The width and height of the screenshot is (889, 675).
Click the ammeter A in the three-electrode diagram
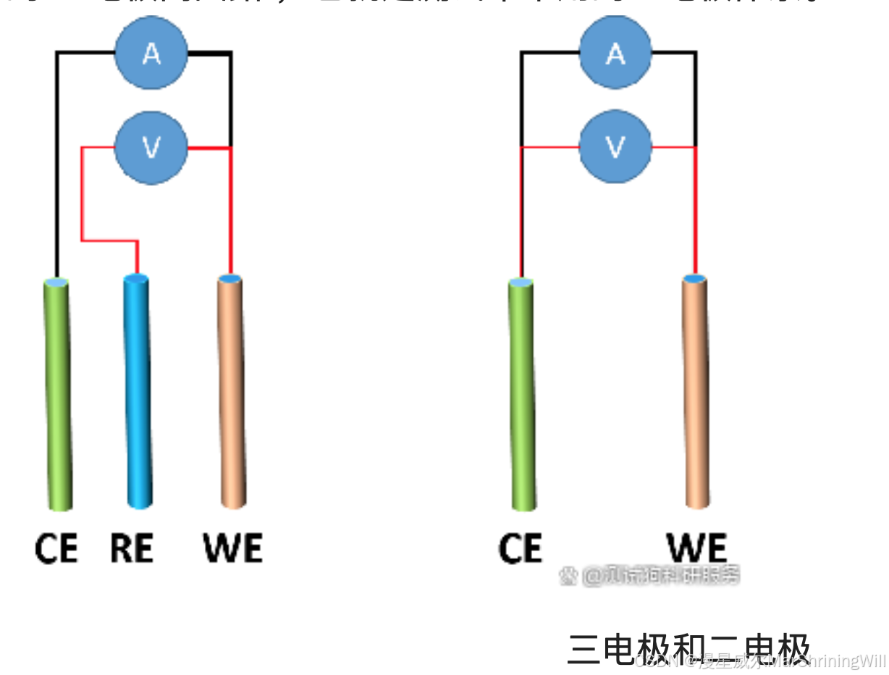click(x=151, y=53)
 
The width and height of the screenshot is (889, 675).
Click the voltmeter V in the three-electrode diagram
click(x=151, y=148)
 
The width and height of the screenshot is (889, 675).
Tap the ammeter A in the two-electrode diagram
click(x=615, y=53)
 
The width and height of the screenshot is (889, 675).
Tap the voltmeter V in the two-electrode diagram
click(x=615, y=148)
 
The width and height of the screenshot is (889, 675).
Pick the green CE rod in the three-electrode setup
click(x=58, y=395)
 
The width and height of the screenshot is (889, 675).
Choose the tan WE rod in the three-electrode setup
click(x=232, y=391)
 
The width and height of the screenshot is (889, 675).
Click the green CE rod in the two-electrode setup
click(x=522, y=395)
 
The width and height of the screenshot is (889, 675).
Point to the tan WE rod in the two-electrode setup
click(x=696, y=391)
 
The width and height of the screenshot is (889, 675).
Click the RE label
click(x=132, y=548)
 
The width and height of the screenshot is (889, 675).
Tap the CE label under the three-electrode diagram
click(x=56, y=548)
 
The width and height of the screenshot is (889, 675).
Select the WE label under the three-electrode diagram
click(x=233, y=548)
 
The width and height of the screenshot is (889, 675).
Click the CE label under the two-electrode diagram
click(x=520, y=548)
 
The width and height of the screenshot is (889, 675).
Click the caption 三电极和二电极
click(x=688, y=648)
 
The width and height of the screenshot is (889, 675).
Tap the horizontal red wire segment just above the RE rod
click(x=109, y=240)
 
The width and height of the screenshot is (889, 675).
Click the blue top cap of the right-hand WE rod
click(x=695, y=279)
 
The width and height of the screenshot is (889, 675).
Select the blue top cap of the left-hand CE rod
click(x=56, y=282)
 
